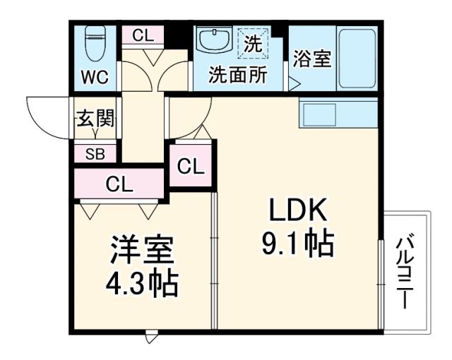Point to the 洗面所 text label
(237, 76)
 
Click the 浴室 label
(311, 59)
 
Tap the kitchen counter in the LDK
(338, 113)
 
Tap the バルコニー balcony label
(404, 272)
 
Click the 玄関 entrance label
(95, 119)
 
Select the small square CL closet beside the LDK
(191, 167)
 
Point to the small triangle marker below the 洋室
(150, 339)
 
